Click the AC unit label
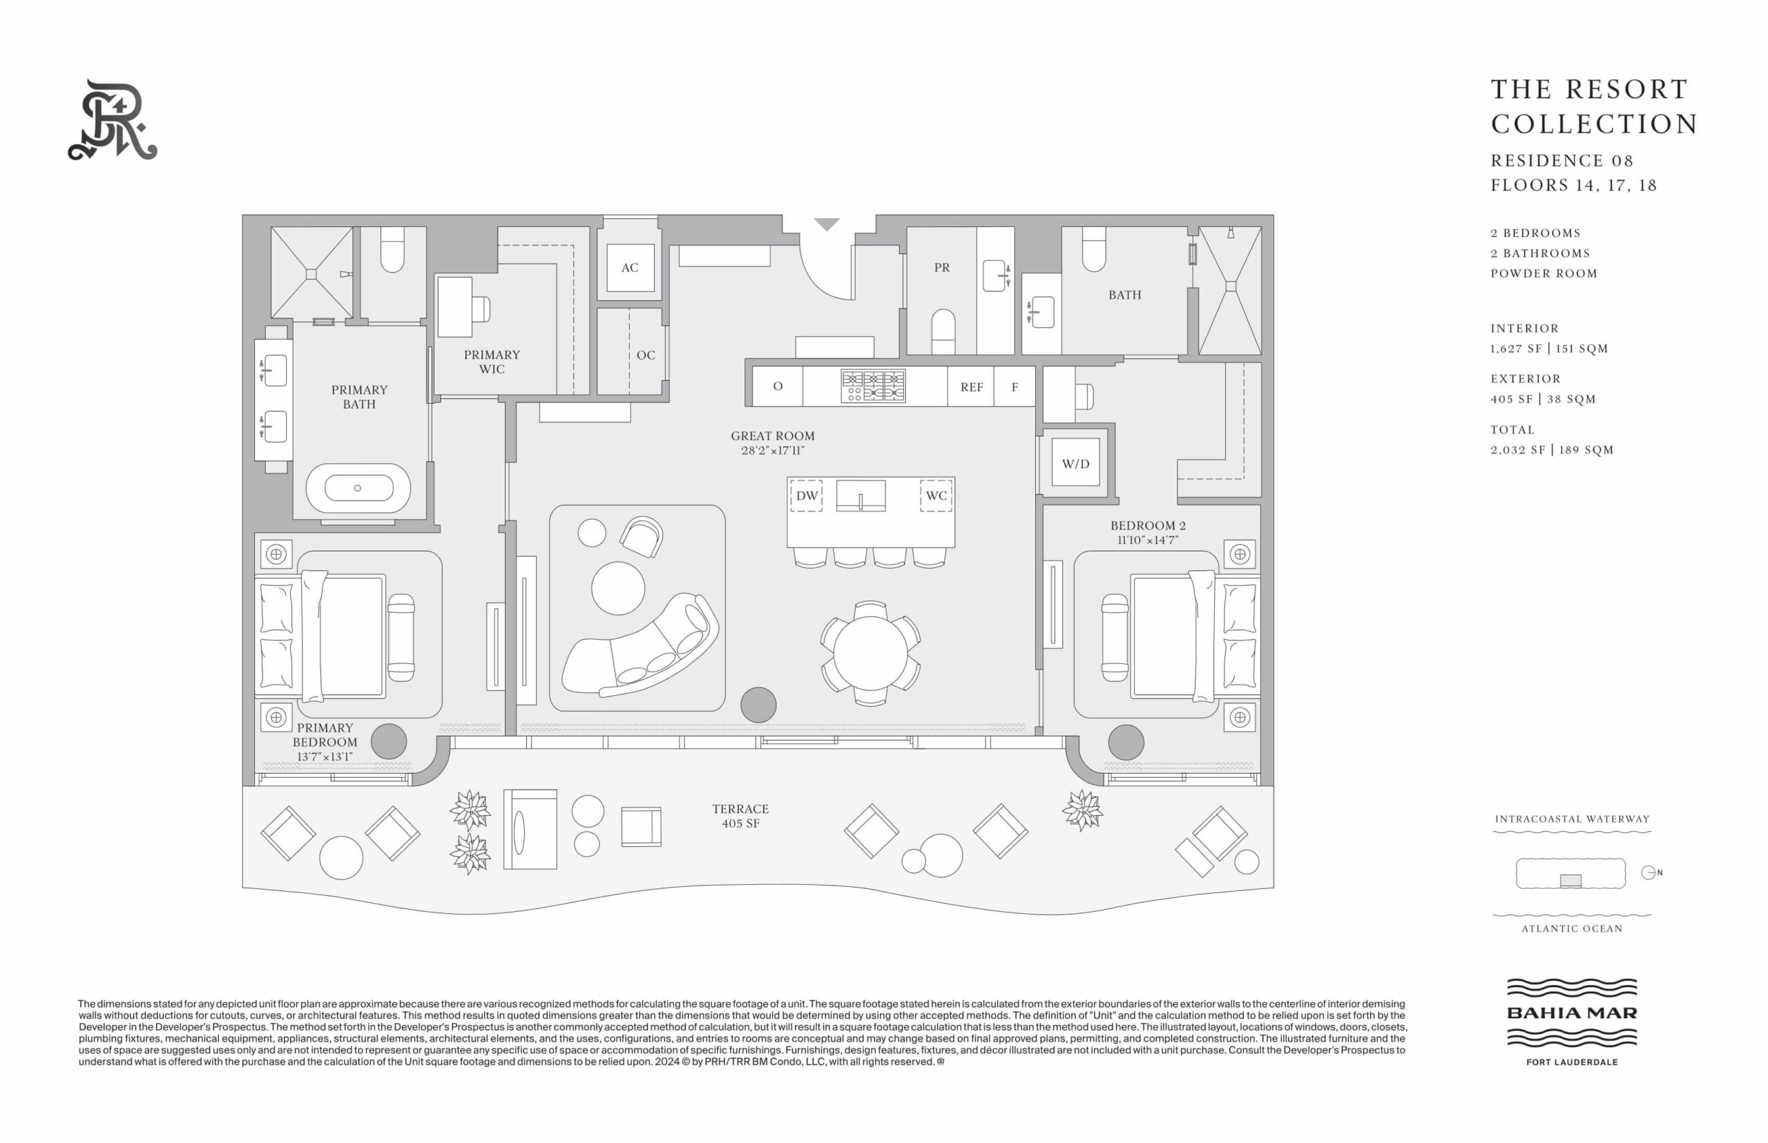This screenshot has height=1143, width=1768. [x=630, y=268]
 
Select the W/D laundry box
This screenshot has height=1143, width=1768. [x=1075, y=464]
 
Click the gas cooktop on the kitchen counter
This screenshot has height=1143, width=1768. [x=873, y=386]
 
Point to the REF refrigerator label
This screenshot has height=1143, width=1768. [x=971, y=387]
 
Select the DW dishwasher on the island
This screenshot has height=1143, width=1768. [x=807, y=496]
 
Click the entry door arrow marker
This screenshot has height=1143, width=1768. [x=827, y=224]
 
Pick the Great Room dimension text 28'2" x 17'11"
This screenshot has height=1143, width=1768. [x=772, y=451]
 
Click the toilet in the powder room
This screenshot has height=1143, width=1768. [x=943, y=332]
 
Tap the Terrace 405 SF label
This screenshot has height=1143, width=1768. [x=740, y=816]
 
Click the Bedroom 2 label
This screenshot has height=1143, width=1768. [x=1148, y=525]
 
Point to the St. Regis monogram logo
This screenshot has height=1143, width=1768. [x=113, y=120]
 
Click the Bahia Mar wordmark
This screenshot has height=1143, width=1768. [x=1572, y=1013]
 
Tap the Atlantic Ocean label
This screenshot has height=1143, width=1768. [x=1572, y=928]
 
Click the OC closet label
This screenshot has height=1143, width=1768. [x=645, y=355]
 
